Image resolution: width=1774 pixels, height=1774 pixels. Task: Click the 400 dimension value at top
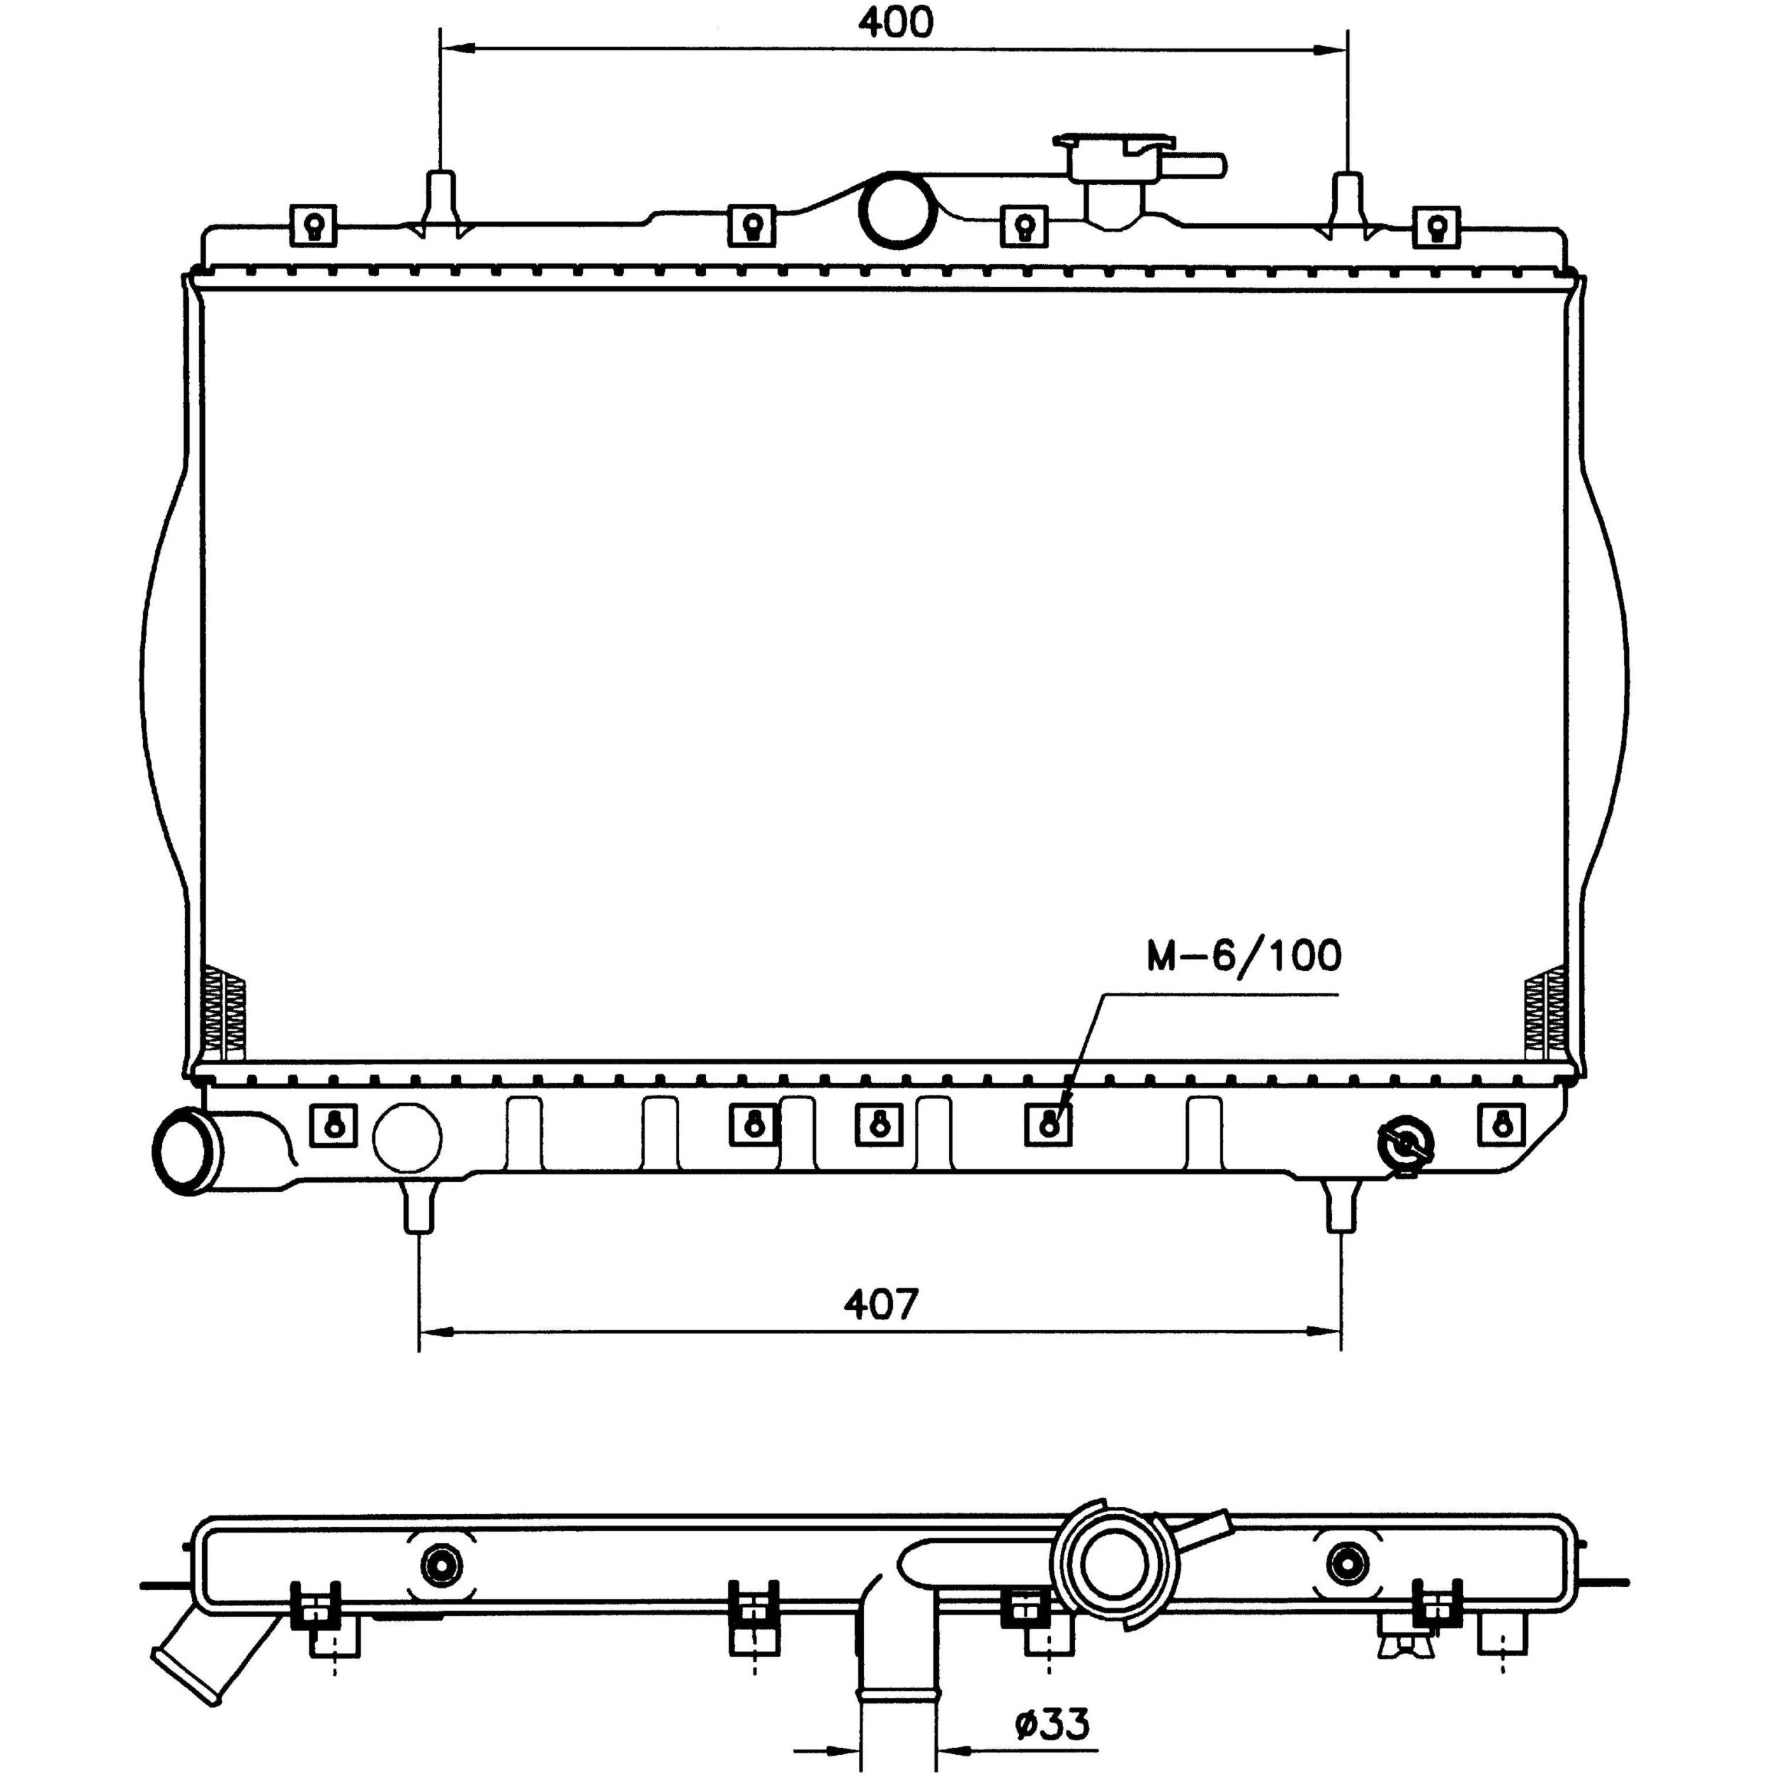(x=894, y=22)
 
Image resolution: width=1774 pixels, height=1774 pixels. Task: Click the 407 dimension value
(x=880, y=1302)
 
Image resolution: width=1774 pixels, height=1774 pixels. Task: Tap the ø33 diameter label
(x=1052, y=1724)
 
